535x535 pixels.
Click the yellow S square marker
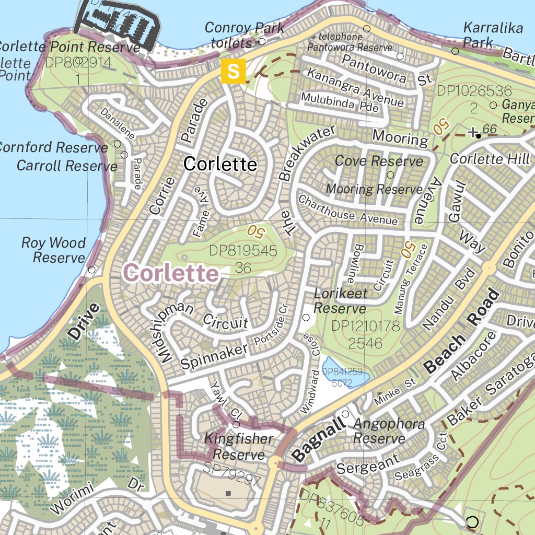(x=233, y=71)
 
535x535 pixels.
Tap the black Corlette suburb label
(x=220, y=164)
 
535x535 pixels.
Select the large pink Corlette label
(x=171, y=273)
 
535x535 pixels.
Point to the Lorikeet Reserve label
(x=340, y=301)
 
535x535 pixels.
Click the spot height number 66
(x=490, y=129)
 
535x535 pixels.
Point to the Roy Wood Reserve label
(x=53, y=250)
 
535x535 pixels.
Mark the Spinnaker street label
(x=214, y=356)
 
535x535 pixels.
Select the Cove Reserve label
(x=379, y=161)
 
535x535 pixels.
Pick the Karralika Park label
(x=493, y=35)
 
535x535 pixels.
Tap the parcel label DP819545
(x=243, y=251)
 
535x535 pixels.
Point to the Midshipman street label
(x=173, y=331)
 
